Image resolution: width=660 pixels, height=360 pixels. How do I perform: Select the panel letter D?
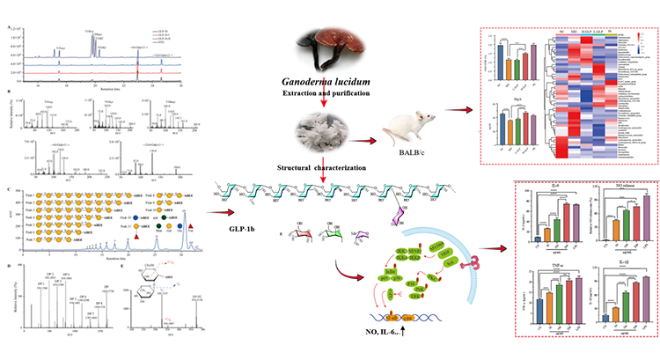(8, 267)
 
